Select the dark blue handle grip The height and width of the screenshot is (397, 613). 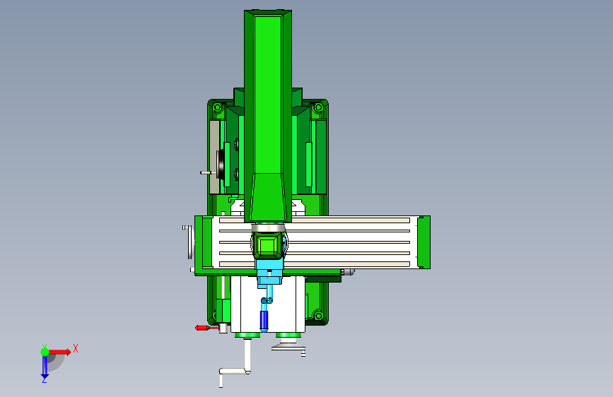264,320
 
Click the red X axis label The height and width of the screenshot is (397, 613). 76,348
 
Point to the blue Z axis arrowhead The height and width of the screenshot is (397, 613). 44,377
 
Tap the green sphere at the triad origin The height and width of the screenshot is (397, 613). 45,352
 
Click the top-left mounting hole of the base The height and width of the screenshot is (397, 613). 218,107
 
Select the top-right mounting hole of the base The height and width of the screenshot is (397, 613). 318,107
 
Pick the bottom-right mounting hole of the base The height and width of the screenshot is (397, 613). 318,315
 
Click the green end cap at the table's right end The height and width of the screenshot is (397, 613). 424,242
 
